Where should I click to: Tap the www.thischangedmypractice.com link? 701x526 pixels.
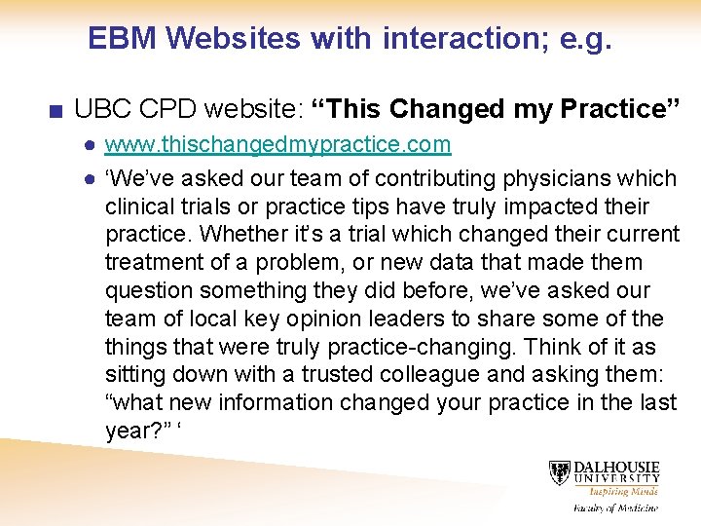pyautogui.click(x=277, y=145)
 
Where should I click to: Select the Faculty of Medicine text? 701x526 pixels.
pyautogui.click(x=614, y=507)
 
